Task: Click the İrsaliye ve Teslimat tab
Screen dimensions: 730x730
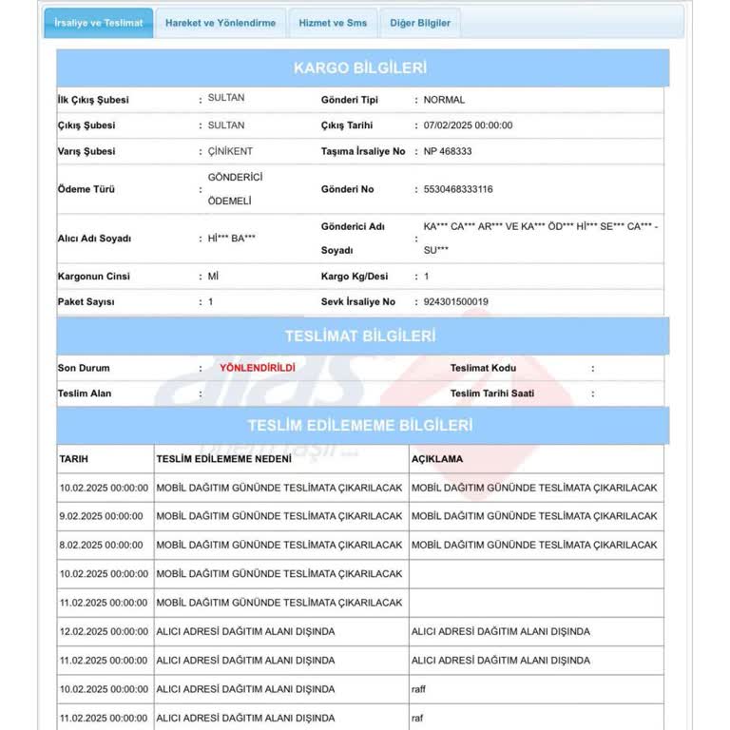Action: [98, 23]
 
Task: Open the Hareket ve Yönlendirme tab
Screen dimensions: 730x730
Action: [221, 23]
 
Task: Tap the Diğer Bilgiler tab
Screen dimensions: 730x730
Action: [419, 23]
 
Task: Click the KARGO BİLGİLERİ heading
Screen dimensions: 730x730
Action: [360, 68]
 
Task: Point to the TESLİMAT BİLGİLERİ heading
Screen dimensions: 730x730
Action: [360, 336]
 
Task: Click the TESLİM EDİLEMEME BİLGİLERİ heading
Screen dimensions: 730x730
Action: [360, 426]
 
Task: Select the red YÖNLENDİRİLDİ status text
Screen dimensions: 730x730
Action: [257, 368]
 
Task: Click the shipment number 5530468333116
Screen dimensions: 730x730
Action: [458, 189]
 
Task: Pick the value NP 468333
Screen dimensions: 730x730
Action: [448, 151]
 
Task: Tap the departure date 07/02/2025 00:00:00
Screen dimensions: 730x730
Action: [468, 125]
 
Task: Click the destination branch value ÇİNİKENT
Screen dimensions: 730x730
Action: [230, 151]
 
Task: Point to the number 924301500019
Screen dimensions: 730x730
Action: [455, 302]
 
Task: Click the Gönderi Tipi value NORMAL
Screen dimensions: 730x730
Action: [444, 100]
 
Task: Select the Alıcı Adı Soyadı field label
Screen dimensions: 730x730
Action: [94, 239]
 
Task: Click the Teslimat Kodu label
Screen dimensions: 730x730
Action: [483, 368]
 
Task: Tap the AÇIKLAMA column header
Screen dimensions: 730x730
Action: [437, 459]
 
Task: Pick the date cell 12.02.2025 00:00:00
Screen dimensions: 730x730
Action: [104, 631]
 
